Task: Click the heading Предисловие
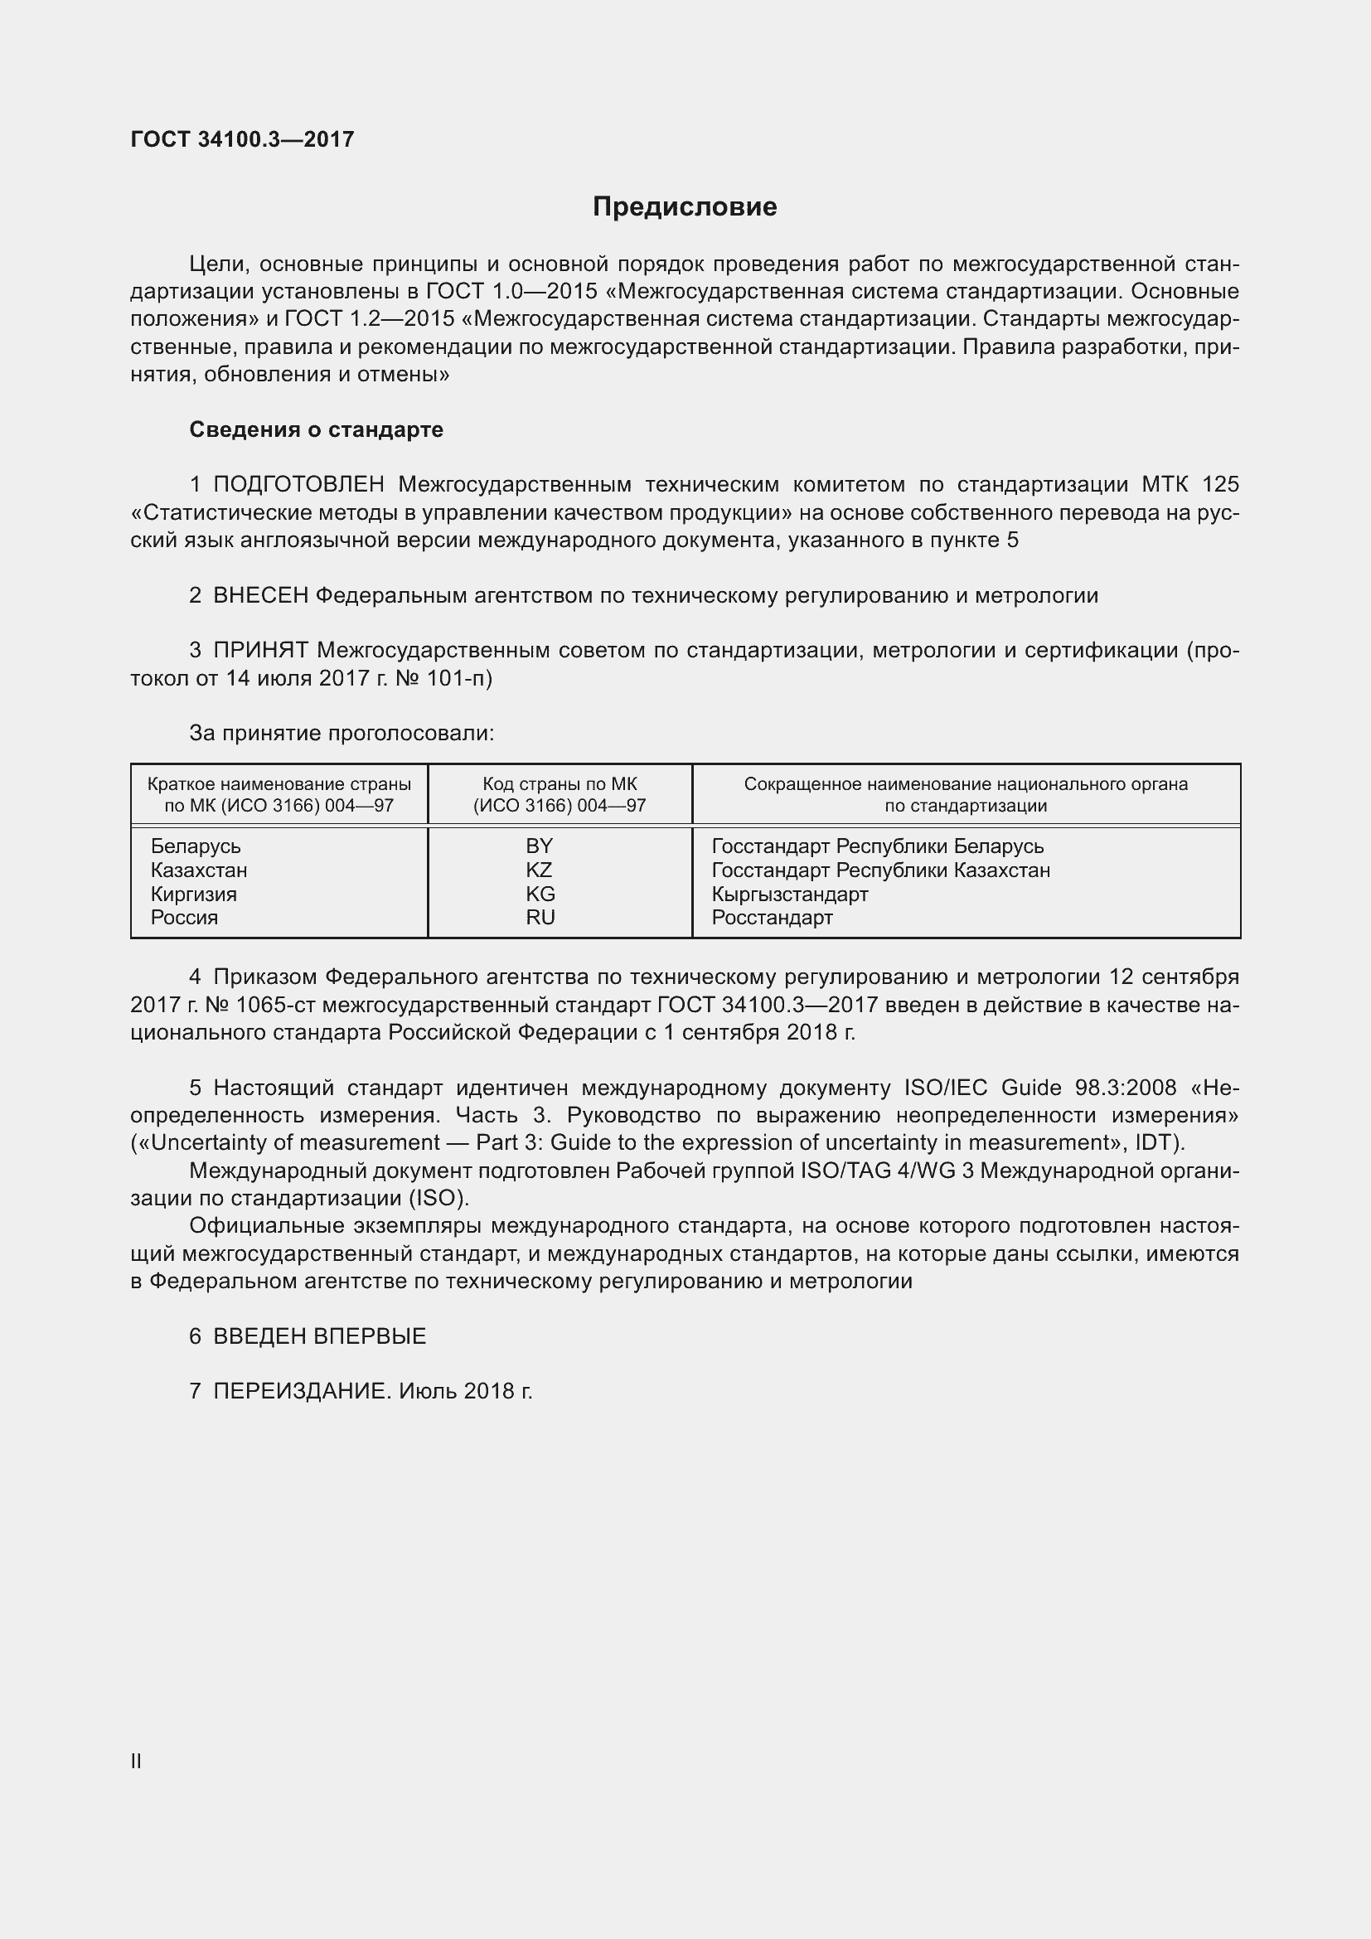click(685, 207)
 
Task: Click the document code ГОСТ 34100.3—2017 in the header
click(242, 139)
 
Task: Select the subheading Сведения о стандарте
click(316, 430)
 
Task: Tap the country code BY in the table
click(539, 846)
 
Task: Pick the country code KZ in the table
click(539, 870)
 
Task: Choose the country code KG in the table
click(540, 894)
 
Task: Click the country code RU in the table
click(540, 917)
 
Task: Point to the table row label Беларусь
click(195, 846)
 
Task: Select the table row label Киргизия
click(193, 894)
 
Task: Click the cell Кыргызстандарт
click(789, 894)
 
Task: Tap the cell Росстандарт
click(772, 917)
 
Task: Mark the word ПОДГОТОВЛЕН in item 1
click(299, 485)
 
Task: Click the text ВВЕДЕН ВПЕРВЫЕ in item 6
click(319, 1336)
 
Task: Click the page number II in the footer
click(136, 1761)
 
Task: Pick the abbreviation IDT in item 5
click(1155, 1142)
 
